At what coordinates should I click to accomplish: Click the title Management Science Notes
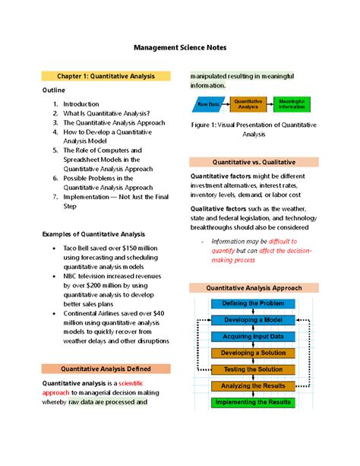[180, 47]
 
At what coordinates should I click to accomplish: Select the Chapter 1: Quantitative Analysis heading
[106, 76]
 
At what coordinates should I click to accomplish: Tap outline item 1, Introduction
[81, 105]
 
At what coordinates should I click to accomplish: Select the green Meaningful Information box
[292, 103]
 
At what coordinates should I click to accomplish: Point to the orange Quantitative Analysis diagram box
[248, 103]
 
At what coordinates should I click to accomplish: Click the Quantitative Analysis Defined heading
[106, 368]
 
